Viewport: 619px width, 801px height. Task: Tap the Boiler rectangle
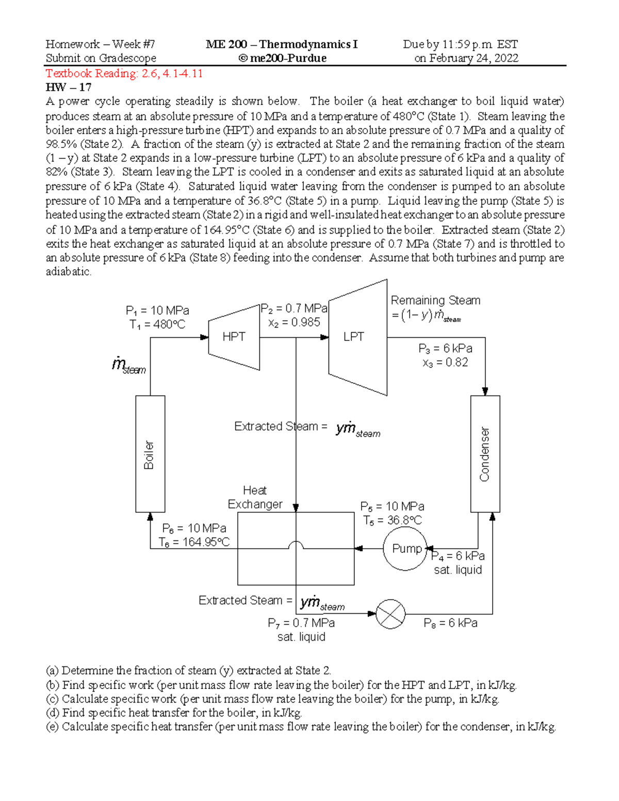click(150, 454)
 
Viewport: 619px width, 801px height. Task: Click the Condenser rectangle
click(485, 454)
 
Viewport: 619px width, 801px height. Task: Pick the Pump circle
click(405, 549)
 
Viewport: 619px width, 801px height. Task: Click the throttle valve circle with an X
click(390, 614)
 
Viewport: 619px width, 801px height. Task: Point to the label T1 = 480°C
click(157, 324)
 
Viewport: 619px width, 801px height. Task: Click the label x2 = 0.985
click(294, 322)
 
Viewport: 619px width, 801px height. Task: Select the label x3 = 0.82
click(445, 363)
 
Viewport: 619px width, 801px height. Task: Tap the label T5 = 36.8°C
click(392, 520)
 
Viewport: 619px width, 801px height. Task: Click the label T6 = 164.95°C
click(194, 542)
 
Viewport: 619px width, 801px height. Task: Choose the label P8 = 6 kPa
click(450, 623)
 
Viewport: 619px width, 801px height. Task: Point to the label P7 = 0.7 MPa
click(301, 623)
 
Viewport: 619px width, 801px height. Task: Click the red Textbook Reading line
click(124, 73)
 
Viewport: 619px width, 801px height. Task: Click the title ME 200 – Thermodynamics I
click(282, 44)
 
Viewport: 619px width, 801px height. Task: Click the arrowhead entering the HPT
click(204, 337)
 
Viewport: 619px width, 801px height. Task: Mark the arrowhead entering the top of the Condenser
click(485, 391)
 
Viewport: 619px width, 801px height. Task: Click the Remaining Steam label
click(435, 300)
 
